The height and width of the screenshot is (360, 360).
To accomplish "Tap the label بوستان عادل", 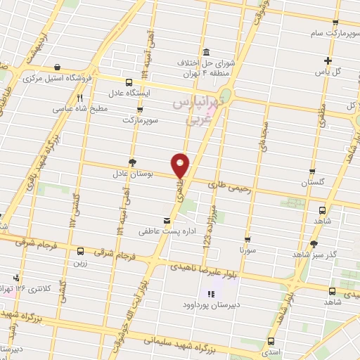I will click(x=133, y=172).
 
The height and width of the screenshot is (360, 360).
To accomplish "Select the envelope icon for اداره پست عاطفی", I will click(x=166, y=221).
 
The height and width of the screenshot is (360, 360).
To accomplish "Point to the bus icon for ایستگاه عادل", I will click(x=127, y=82).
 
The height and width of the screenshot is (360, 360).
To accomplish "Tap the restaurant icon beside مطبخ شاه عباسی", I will click(x=79, y=98).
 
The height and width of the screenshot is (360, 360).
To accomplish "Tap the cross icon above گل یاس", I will click(x=328, y=60).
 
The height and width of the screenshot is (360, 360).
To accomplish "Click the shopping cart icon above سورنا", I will click(x=247, y=239).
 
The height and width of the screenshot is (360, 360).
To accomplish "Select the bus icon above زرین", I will click(x=80, y=251).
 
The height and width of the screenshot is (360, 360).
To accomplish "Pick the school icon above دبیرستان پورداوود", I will click(x=211, y=295).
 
